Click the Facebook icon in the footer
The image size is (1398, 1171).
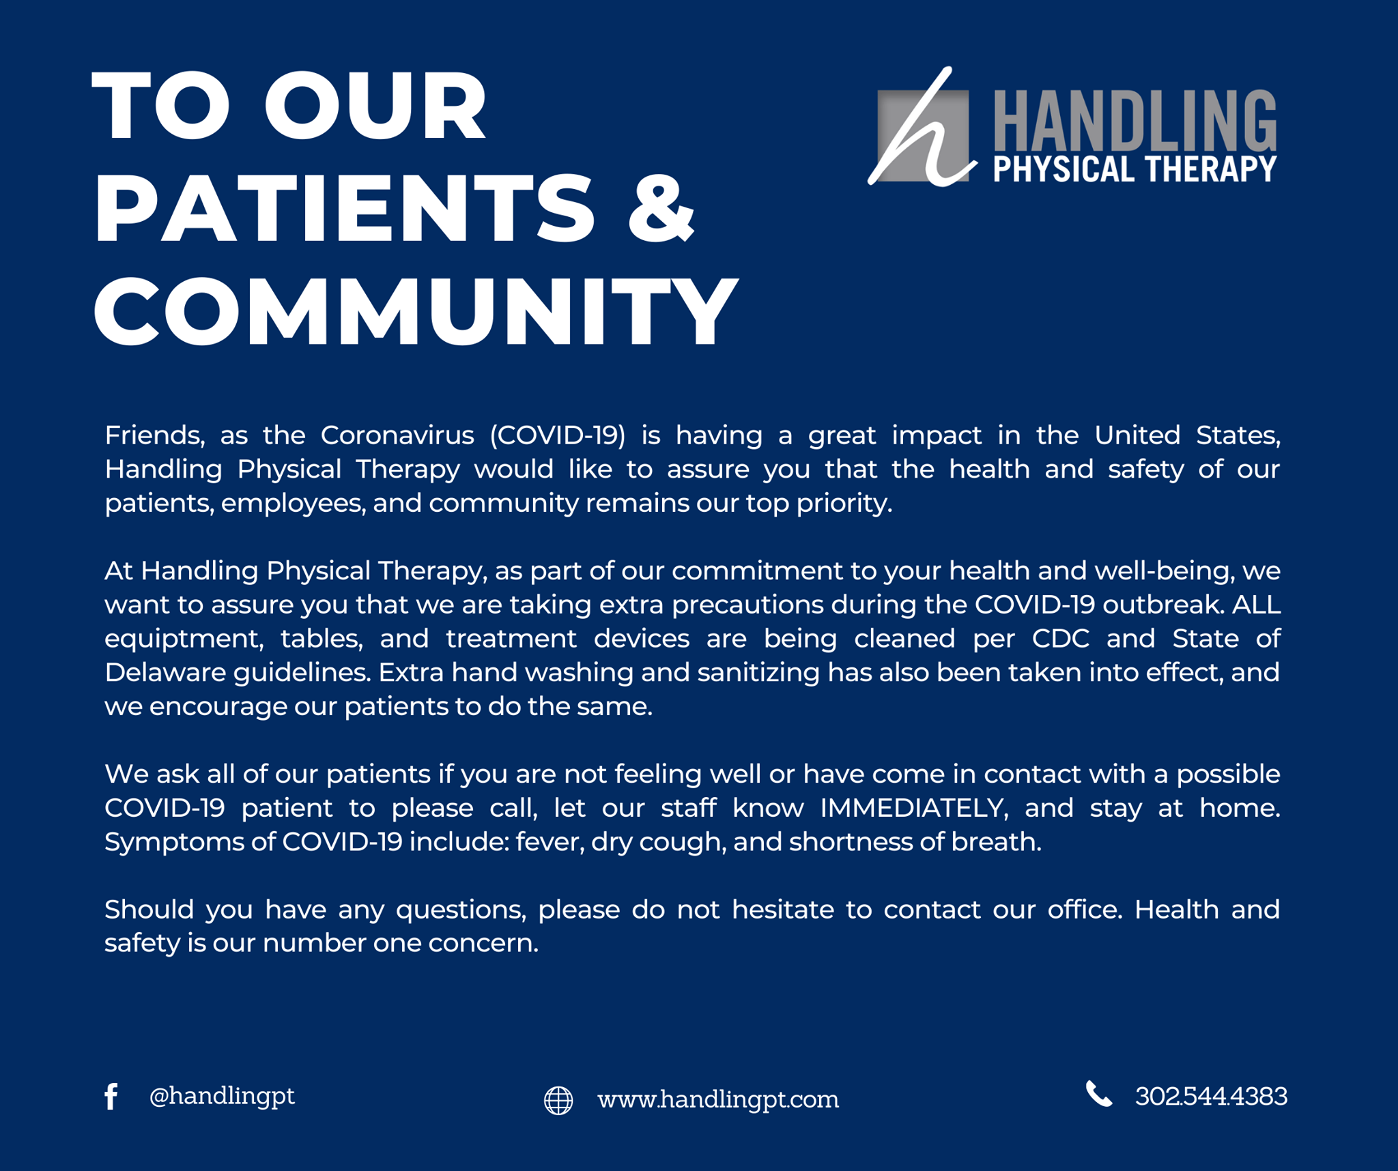click(111, 1097)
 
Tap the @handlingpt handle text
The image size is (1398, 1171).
click(222, 1096)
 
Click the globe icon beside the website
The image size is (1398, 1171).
click(558, 1100)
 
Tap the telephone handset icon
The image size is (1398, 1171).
click(1099, 1094)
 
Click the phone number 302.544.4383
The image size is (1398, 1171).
click(1211, 1096)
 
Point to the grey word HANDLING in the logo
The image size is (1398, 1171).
click(1135, 121)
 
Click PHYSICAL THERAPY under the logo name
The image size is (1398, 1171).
click(1135, 169)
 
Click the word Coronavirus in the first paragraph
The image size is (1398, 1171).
click(397, 435)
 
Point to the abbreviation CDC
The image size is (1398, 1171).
click(1061, 639)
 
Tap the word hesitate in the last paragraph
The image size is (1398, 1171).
click(783, 910)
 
